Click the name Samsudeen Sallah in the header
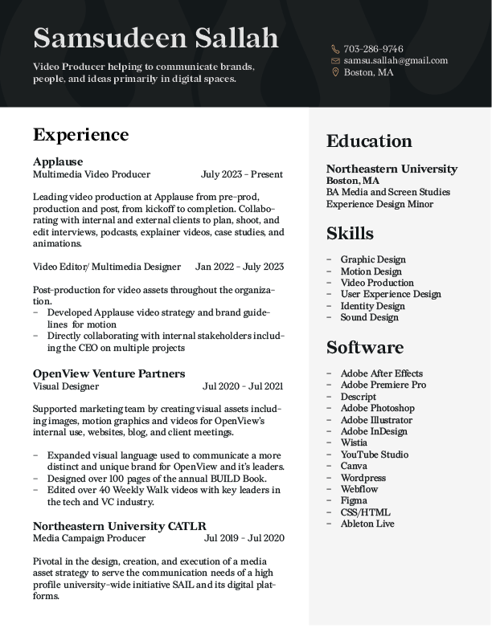[156, 38]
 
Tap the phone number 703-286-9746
[373, 49]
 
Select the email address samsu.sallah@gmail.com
[396, 60]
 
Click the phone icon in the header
[335, 49]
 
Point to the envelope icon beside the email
[335, 61]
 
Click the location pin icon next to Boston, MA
[335, 72]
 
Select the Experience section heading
[80, 134]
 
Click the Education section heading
[369, 141]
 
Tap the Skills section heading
[350, 234]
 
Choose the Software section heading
[365, 348]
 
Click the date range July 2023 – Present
[242, 174]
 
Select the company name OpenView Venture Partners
[109, 373]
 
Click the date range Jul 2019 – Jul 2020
[244, 538]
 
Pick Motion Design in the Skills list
[371, 271]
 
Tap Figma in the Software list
[354, 500]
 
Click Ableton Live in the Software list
[367, 524]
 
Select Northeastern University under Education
[392, 169]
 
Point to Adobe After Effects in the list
[381, 373]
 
